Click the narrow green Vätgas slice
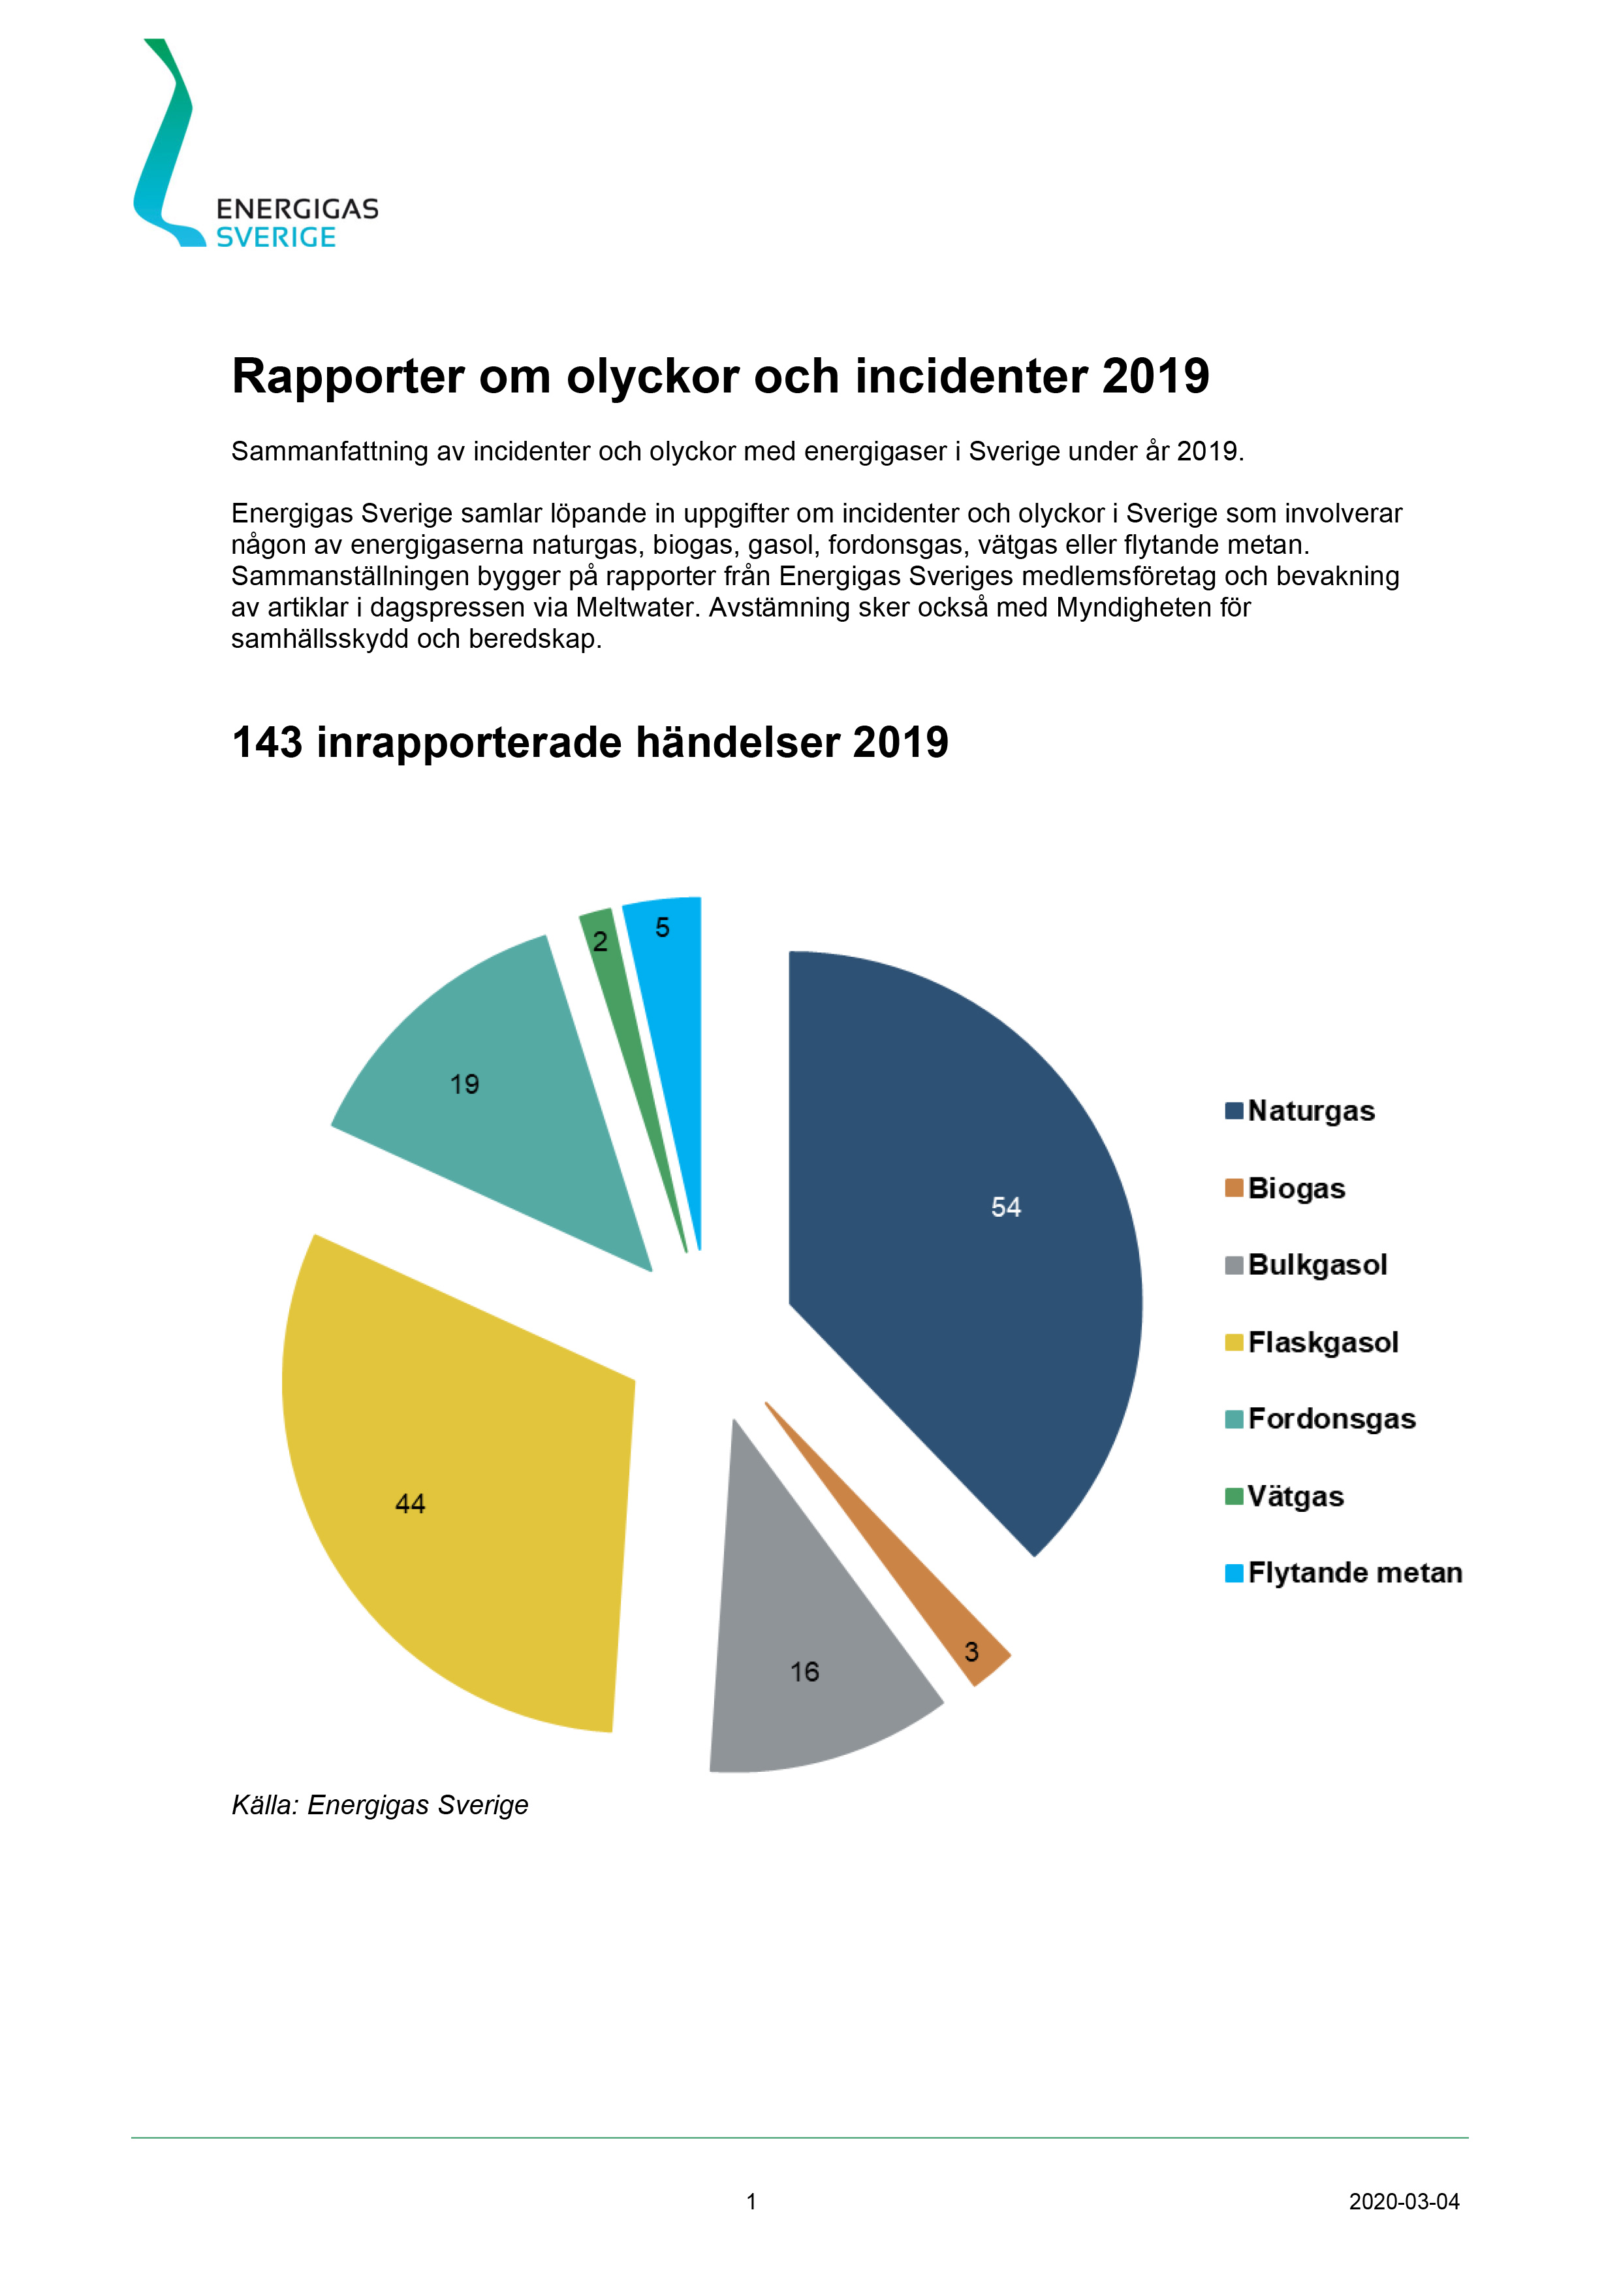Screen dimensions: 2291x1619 tap(629, 1038)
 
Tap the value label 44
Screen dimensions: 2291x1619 tap(410, 1504)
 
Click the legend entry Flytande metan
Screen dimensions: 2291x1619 tap(1354, 1573)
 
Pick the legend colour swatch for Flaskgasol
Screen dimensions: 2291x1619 tap(1234, 1342)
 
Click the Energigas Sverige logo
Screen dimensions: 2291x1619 tap(255, 150)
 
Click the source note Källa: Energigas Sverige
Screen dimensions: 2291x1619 tap(379, 1805)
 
